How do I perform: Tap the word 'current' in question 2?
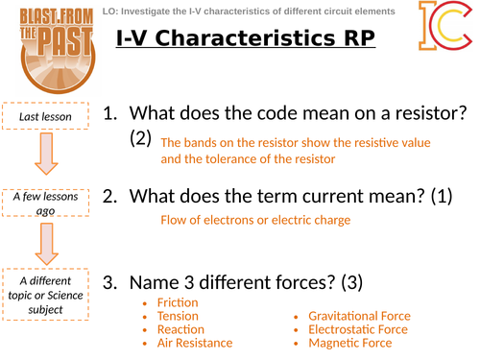point(326,197)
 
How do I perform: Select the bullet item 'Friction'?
point(178,303)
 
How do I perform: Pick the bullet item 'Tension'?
point(179,316)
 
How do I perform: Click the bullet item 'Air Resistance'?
point(195,343)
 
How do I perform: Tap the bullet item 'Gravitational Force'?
point(359,316)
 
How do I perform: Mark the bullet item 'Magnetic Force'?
point(349,343)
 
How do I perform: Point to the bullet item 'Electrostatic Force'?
point(357,329)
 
